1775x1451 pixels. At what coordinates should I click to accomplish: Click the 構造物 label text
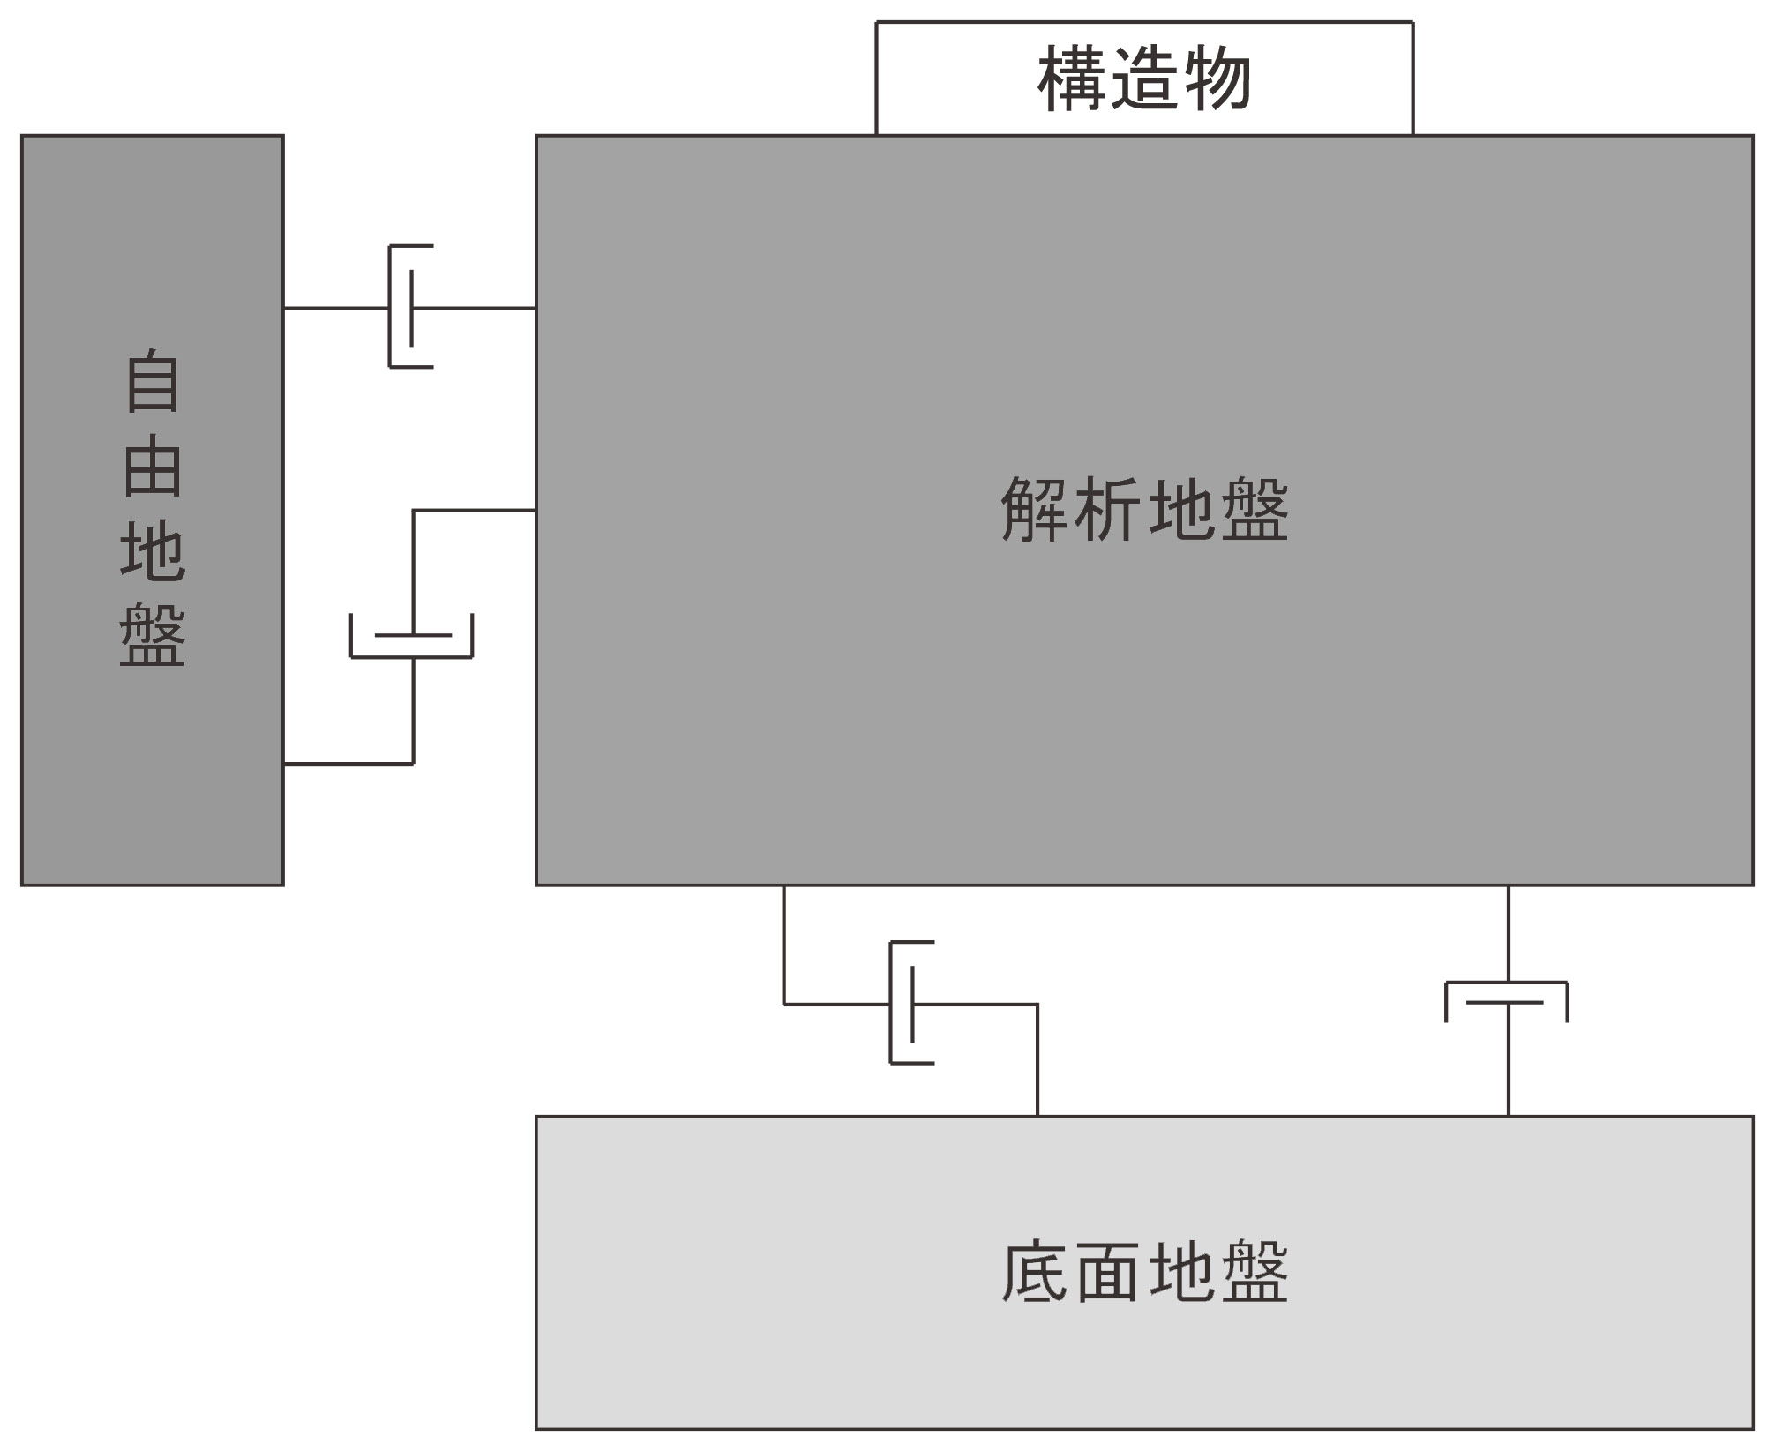pyautogui.click(x=1143, y=79)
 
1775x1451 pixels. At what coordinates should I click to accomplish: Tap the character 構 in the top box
pyautogui.click(x=1071, y=79)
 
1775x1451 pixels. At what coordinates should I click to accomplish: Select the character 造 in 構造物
pyautogui.click(x=1144, y=79)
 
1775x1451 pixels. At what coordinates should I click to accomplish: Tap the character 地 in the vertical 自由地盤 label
pyautogui.click(x=153, y=550)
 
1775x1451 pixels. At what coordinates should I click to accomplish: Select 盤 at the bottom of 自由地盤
pyautogui.click(x=153, y=635)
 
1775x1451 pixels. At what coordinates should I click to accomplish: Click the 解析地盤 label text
pyautogui.click(x=1144, y=510)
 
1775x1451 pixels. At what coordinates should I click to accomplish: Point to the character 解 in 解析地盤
pyautogui.click(x=1034, y=510)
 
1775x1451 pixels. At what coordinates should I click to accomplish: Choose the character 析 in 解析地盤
pyautogui.click(x=1108, y=510)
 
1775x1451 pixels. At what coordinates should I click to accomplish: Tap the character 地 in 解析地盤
pyautogui.click(x=1181, y=510)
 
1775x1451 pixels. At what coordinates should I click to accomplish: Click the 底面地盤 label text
pyautogui.click(x=1144, y=1272)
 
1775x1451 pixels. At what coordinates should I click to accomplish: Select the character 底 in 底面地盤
pyautogui.click(x=1034, y=1272)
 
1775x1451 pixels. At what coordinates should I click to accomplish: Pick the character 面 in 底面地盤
pyautogui.click(x=1108, y=1272)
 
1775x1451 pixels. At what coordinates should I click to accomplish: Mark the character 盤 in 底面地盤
pyautogui.click(x=1254, y=1272)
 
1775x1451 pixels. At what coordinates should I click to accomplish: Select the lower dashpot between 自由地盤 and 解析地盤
pyautogui.click(x=412, y=637)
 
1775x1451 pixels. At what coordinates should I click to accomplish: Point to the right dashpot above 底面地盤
pyautogui.click(x=1507, y=1002)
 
